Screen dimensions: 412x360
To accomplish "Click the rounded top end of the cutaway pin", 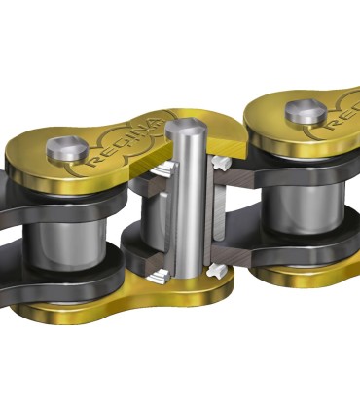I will click(185, 128).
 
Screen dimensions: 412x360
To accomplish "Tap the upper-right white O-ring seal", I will click(221, 160).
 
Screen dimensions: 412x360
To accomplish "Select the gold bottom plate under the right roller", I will click(311, 277).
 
